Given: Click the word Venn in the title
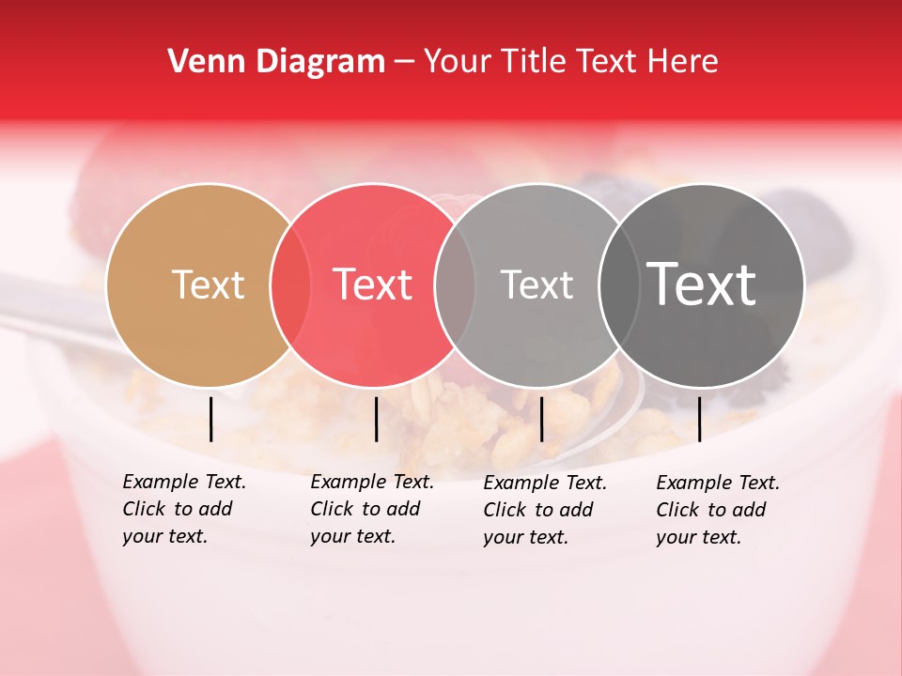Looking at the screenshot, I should coord(201,62).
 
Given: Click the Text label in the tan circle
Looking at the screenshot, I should coord(208,284).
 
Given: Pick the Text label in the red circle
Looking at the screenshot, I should coord(373,284).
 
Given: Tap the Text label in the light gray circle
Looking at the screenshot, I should coord(537,284).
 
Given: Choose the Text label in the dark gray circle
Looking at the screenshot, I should coord(701,284).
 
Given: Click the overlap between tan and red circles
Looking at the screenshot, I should coord(290,284).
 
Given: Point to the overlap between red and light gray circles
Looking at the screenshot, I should coord(455,284).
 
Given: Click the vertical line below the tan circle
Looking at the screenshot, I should coord(211,419).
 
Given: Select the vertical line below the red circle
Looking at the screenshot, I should coord(376,419).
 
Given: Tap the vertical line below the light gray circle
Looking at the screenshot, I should coord(541,419).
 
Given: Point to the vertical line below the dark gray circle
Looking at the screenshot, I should coord(699,419).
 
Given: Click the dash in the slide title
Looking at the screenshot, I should coord(404,63).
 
